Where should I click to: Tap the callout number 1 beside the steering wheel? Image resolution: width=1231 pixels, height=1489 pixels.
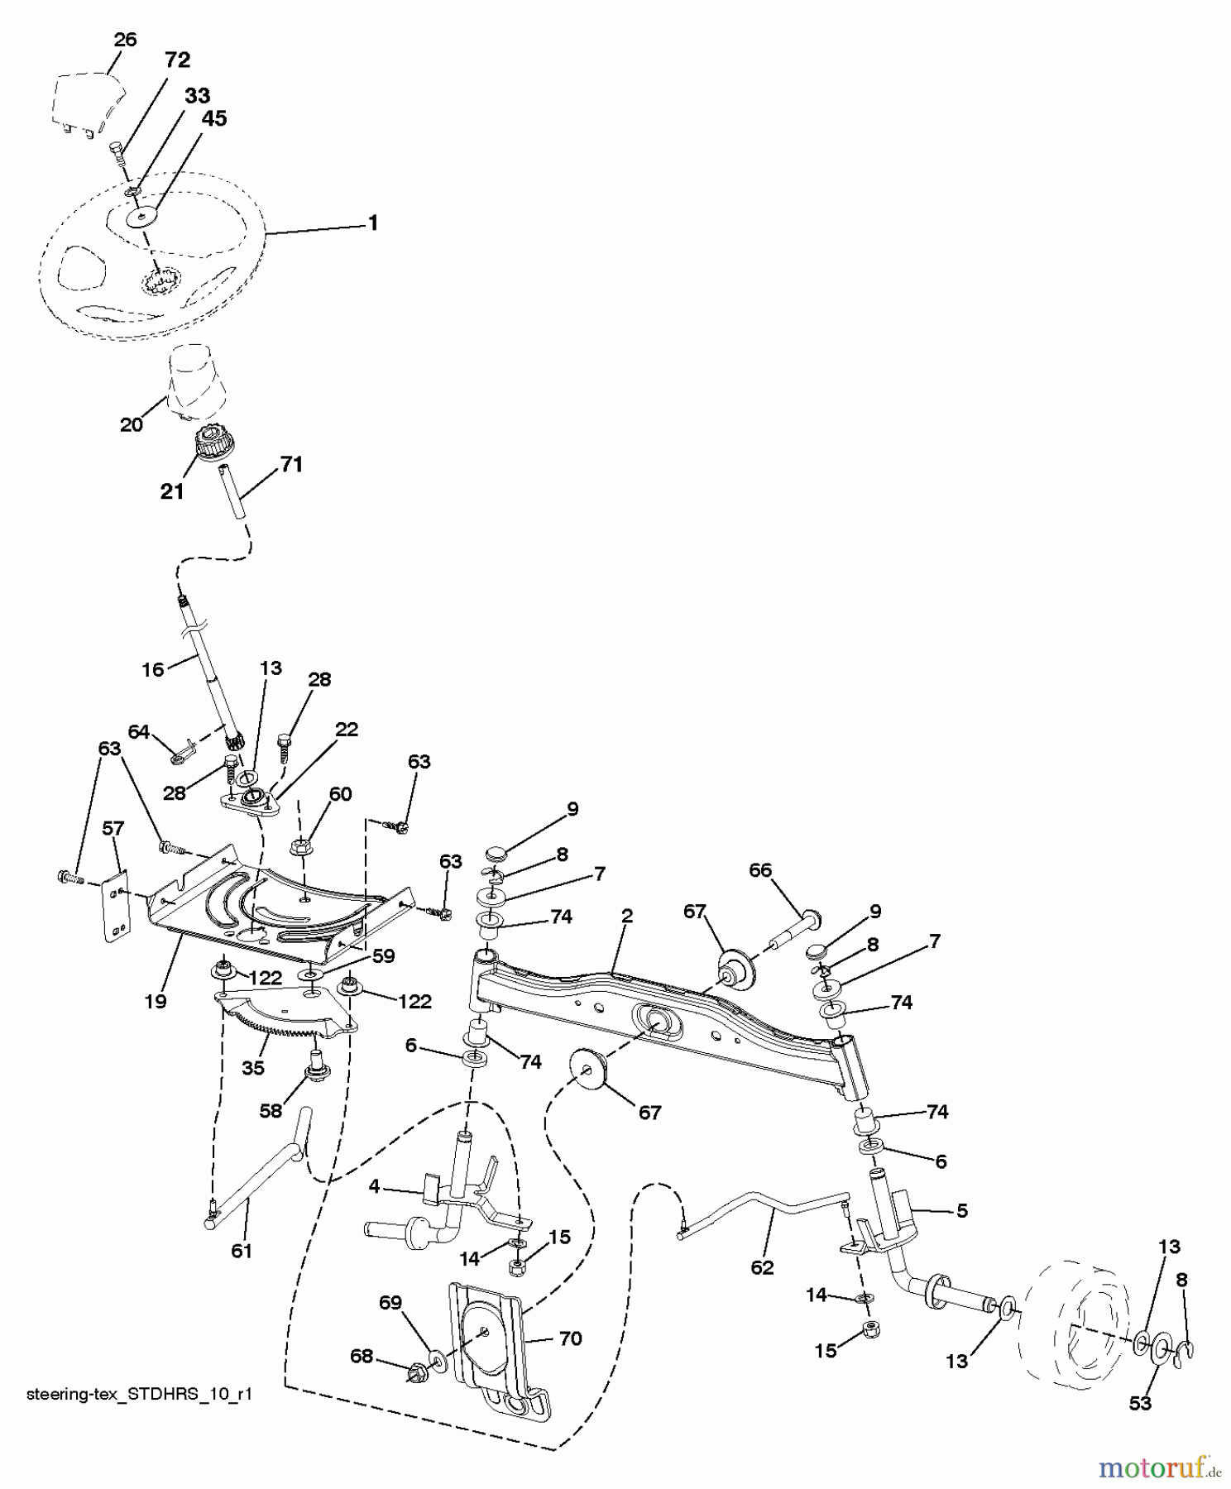point(373,223)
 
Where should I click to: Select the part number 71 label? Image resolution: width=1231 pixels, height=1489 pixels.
point(290,464)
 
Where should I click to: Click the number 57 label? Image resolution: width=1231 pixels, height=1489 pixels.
point(113,827)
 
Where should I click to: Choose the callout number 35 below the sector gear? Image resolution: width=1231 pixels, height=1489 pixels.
point(252,1067)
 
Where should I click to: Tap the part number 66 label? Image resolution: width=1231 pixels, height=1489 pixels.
point(759,869)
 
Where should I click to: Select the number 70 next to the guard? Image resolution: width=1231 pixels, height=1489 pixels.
point(570,1338)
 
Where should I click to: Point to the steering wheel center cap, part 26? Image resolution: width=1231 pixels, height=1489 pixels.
point(88,103)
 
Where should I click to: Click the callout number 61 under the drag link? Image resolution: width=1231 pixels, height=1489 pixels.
point(241,1251)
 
